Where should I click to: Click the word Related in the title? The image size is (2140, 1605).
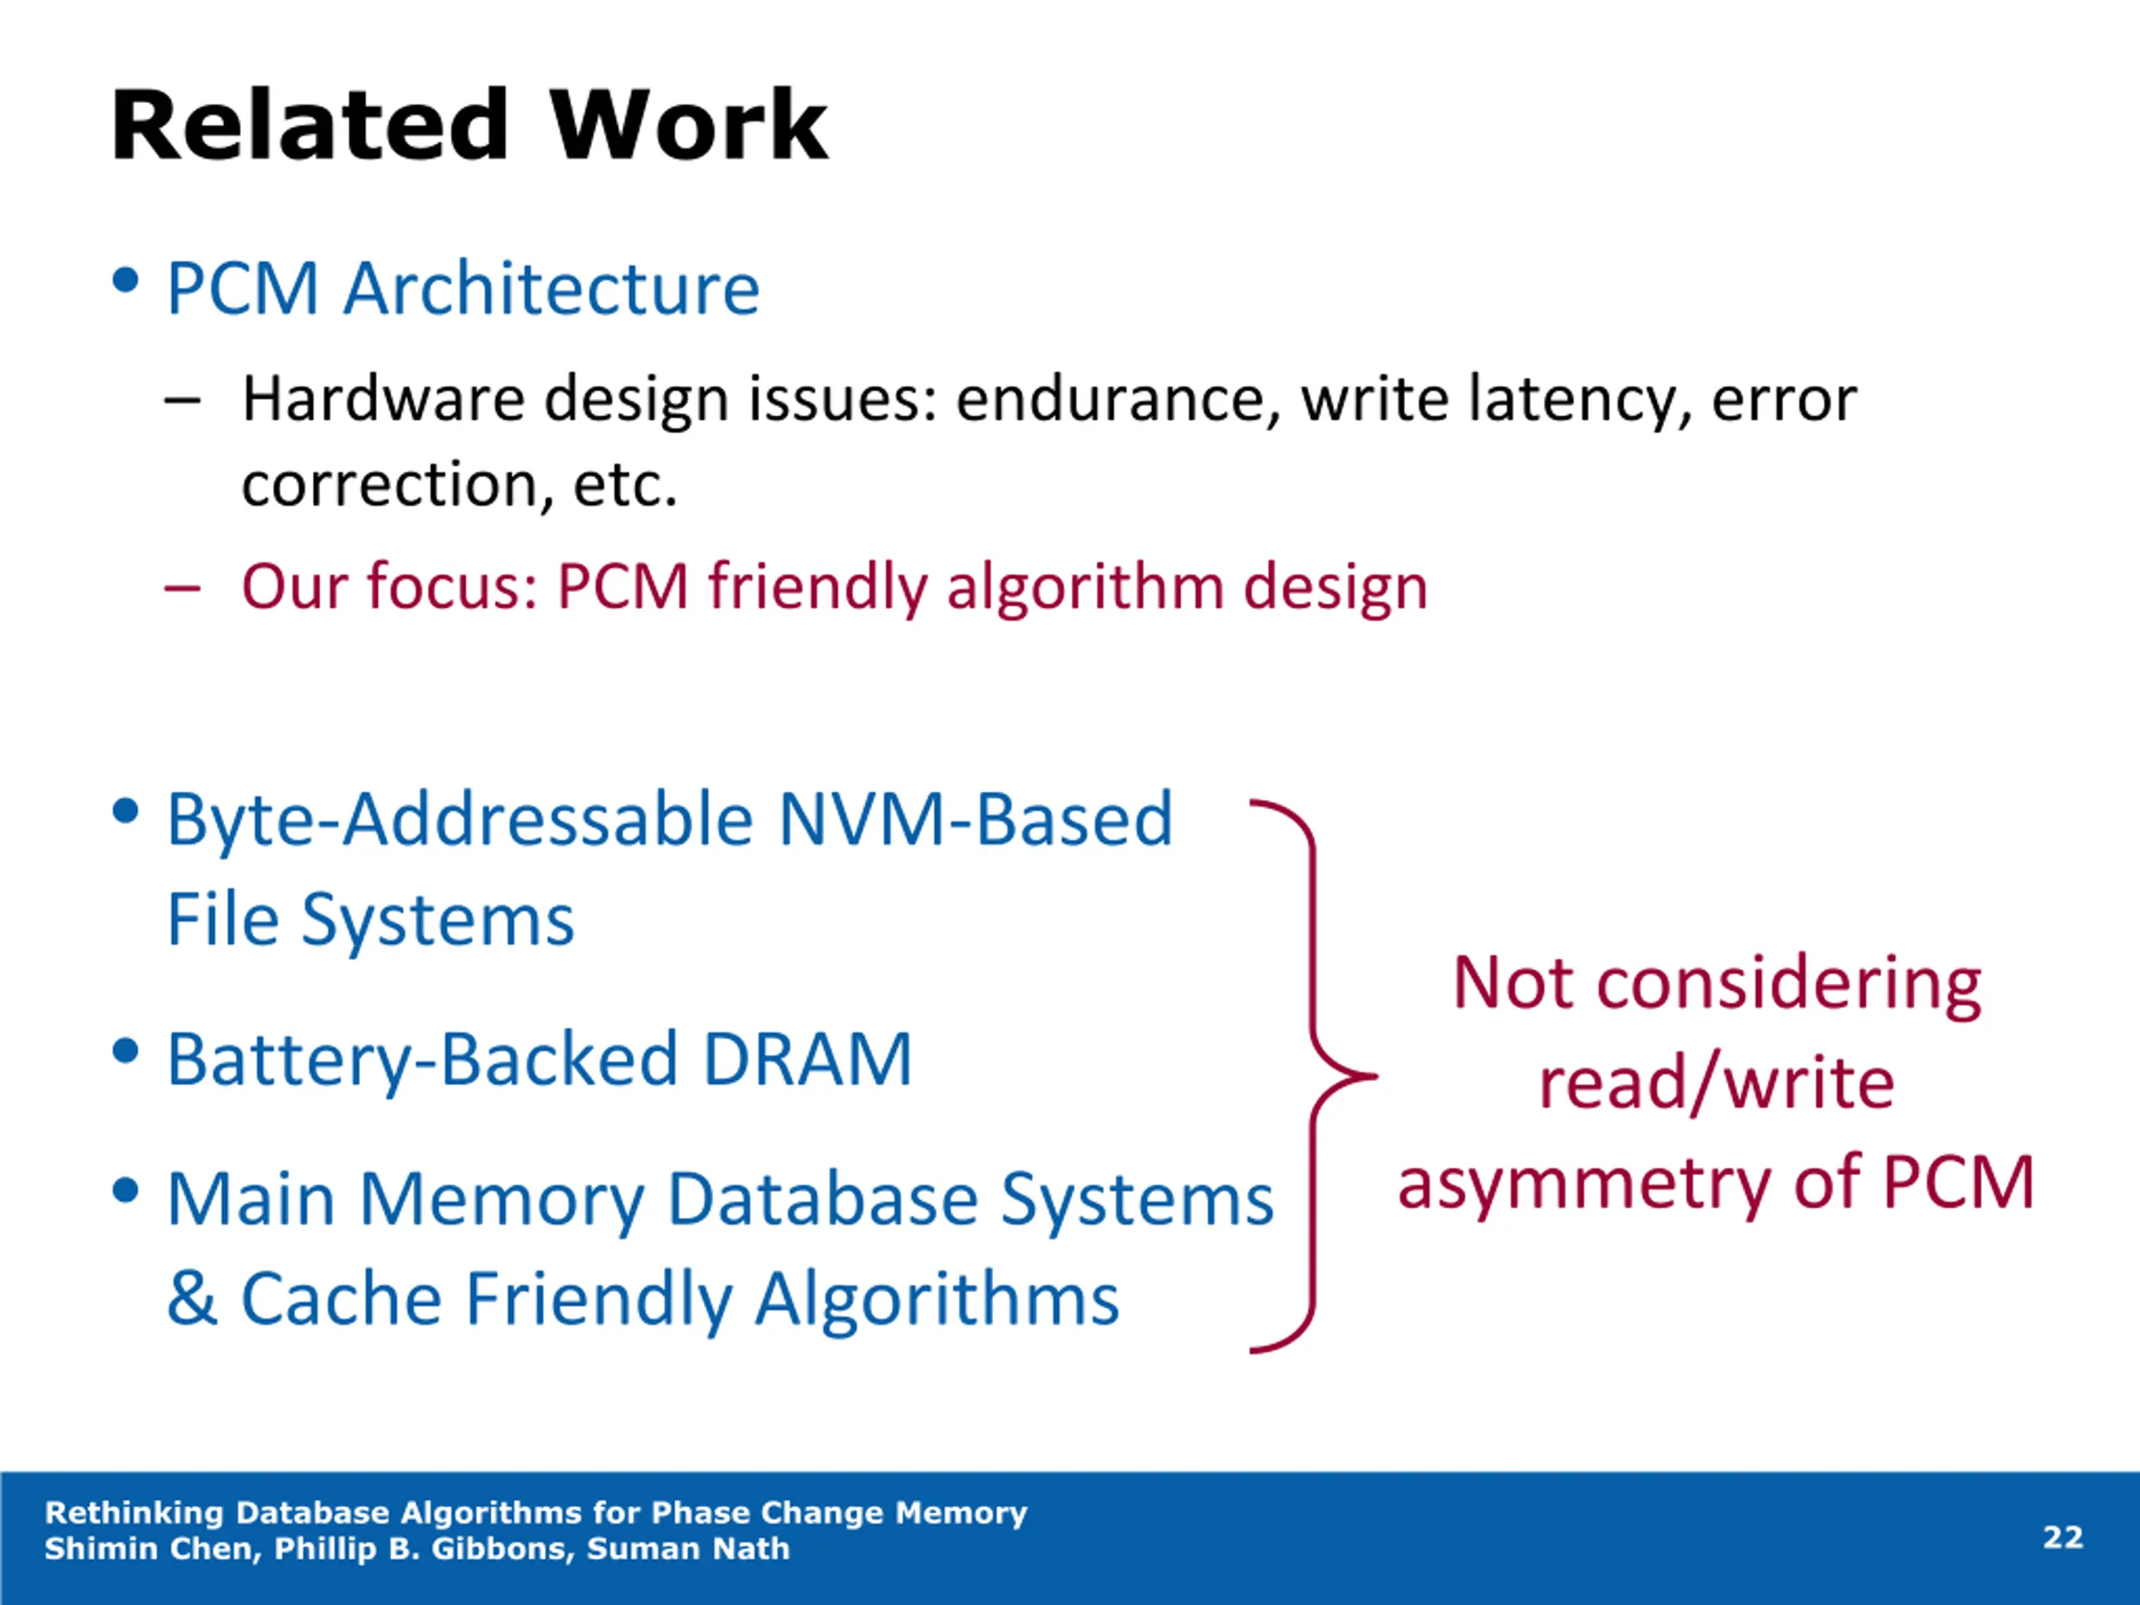(x=309, y=125)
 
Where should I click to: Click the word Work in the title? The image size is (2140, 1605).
(x=689, y=125)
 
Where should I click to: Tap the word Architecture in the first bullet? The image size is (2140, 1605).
(x=553, y=288)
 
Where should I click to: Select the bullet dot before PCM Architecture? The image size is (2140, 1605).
(x=125, y=281)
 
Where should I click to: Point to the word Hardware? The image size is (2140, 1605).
(x=383, y=399)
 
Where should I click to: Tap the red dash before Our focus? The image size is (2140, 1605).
(x=183, y=587)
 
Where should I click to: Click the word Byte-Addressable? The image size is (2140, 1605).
(x=461, y=819)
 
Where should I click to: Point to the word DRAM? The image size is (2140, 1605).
(x=808, y=1059)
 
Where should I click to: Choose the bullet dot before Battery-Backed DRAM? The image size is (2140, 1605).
(x=125, y=1051)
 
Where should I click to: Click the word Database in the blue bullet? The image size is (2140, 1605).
(x=823, y=1200)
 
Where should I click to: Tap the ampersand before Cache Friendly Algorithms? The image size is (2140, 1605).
(x=191, y=1298)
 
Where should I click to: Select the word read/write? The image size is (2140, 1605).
(x=1716, y=1083)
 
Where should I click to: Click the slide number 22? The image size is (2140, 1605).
(x=2062, y=1537)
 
